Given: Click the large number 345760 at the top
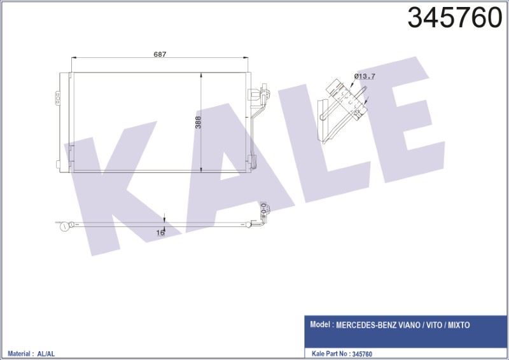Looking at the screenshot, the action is coord(455,18).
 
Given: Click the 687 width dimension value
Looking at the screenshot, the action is coord(160,54).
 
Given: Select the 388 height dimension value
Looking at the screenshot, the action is coord(198,122).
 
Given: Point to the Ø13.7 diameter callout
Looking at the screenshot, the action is coord(365,76).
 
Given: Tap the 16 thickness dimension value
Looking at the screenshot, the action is coord(160,232).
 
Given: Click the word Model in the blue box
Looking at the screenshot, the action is coord(321,324).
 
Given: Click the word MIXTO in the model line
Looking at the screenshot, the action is coord(459,325).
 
